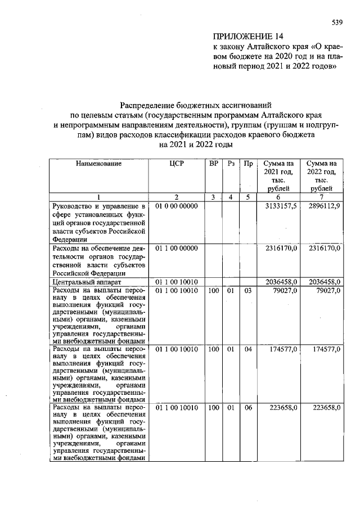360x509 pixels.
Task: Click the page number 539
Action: (x=337, y=23)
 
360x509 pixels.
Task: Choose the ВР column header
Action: (x=213, y=163)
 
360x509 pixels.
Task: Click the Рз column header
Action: (x=231, y=163)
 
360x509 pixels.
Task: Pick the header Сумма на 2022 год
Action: (x=321, y=175)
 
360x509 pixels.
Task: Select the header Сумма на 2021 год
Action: (x=278, y=175)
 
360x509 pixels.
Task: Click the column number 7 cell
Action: (x=321, y=197)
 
